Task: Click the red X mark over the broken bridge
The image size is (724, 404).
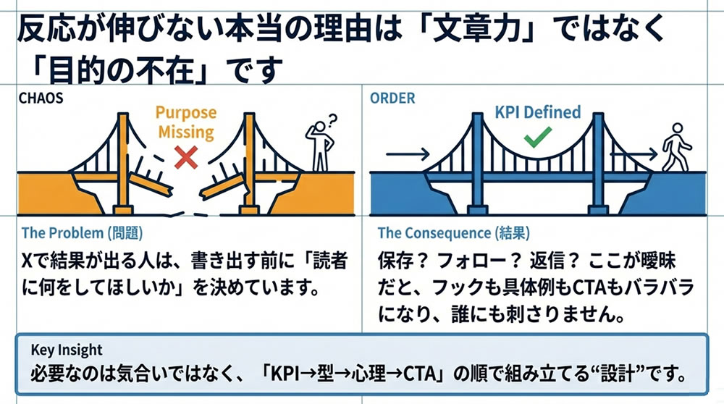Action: pos(187,156)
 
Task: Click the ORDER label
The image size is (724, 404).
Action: pos(392,98)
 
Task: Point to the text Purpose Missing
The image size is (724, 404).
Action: pos(185,122)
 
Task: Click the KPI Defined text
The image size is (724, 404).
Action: pos(537,111)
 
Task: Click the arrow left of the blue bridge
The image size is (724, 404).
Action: pos(405,153)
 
